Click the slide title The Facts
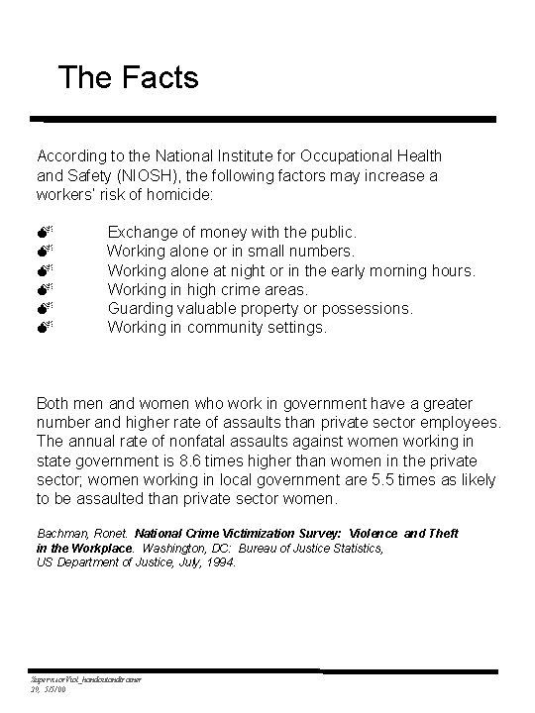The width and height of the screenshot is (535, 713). point(128,77)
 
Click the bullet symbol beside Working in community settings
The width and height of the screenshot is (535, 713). point(45,327)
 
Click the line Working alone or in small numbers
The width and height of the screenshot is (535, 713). point(230,252)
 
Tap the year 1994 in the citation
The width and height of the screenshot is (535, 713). point(218,561)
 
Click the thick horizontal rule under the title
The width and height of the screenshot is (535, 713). point(263,120)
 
